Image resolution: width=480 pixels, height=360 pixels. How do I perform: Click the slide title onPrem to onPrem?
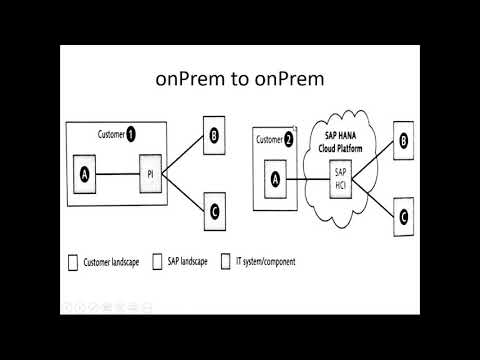pyautogui.click(x=240, y=79)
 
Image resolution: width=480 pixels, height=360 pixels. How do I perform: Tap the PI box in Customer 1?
pyautogui.click(x=150, y=174)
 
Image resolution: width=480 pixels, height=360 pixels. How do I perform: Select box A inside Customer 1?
pyautogui.click(x=84, y=174)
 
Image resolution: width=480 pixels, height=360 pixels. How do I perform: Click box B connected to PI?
pyautogui.click(x=214, y=135)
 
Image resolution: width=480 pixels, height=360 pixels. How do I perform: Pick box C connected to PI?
pyautogui.click(x=215, y=212)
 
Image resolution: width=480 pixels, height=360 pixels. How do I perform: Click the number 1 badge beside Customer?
pyautogui.click(x=131, y=135)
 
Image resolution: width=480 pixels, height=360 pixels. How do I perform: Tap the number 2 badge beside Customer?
pyautogui.click(x=288, y=140)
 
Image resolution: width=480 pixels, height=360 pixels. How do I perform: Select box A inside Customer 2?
pyautogui.click(x=275, y=179)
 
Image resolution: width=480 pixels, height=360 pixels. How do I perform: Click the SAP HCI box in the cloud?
pyautogui.click(x=340, y=179)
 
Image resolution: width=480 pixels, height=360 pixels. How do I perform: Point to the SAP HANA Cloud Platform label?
pyautogui.click(x=340, y=142)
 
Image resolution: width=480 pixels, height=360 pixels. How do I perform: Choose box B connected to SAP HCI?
pyautogui.click(x=403, y=140)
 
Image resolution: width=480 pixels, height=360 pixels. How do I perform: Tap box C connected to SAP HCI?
pyautogui.click(x=404, y=217)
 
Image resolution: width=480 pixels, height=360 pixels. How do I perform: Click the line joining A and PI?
pyautogui.click(x=118, y=174)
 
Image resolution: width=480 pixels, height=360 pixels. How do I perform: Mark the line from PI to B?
pyautogui.click(x=183, y=154)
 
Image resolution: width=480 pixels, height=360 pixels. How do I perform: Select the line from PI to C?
pyautogui.click(x=183, y=192)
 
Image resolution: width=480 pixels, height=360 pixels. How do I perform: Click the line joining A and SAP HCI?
pyautogui.click(x=308, y=179)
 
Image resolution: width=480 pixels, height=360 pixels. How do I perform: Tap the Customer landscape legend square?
pyautogui.click(x=73, y=263)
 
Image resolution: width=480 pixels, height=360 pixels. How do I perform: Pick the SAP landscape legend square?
pyautogui.click(x=157, y=262)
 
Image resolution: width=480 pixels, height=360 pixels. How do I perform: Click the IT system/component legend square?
pyautogui.click(x=226, y=261)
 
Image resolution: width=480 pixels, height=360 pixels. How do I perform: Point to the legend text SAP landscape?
pyautogui.click(x=187, y=262)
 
